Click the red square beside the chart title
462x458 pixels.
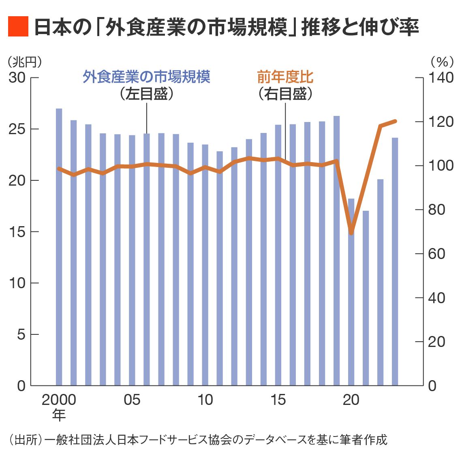[18, 27]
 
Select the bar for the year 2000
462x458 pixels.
[59, 247]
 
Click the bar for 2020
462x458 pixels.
[351, 292]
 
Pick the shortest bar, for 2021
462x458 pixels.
[366, 298]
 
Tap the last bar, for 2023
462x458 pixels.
[395, 261]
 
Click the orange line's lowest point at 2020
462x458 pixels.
[351, 233]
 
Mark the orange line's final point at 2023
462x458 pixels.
[395, 121]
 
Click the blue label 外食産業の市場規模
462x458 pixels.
[146, 77]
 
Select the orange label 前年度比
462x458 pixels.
[285, 77]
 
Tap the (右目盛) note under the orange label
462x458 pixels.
[285, 94]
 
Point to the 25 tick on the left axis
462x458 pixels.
[17, 129]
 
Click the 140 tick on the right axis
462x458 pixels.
[441, 77]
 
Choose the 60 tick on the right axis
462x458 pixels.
[436, 254]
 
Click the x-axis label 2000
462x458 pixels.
[59, 400]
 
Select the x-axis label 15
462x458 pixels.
[278, 400]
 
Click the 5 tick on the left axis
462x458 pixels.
[21, 334]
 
